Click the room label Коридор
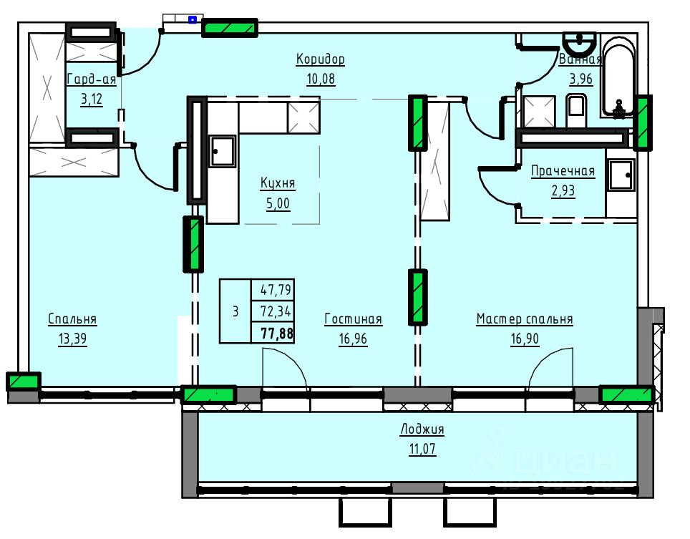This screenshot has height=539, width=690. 320,59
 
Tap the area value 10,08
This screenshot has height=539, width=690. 321,79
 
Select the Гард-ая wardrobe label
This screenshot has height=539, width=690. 91,79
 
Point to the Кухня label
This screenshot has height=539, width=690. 278,183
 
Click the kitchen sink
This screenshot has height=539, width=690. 222,151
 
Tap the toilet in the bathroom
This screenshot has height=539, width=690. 576,109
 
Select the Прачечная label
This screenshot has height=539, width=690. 563,171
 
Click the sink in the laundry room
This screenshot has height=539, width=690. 621,175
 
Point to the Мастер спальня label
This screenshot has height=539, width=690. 525,319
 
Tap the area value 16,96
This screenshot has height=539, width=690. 353,339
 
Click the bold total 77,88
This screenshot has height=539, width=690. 277,333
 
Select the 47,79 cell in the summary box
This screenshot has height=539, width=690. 276,289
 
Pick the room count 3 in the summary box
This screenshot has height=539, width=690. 235,311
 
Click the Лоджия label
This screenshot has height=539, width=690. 422,429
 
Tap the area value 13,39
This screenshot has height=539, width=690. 72,339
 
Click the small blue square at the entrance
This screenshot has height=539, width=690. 193,19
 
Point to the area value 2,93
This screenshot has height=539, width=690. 563,191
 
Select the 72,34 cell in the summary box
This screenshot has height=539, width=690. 276,311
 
